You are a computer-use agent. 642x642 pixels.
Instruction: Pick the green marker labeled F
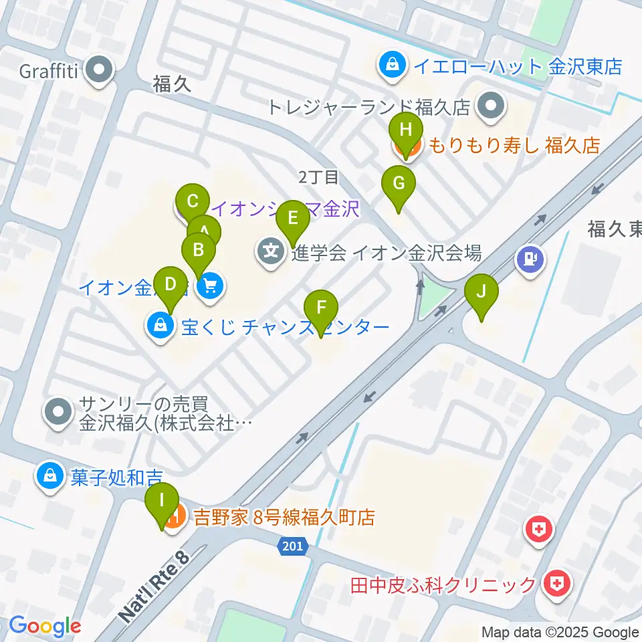(321, 309)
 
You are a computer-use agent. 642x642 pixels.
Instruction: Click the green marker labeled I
(162, 502)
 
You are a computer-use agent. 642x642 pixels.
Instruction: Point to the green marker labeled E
(292, 219)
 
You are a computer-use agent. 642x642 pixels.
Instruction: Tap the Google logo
(45, 625)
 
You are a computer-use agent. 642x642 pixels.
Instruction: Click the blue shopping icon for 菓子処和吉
(50, 476)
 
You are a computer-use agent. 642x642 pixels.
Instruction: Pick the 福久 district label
(172, 84)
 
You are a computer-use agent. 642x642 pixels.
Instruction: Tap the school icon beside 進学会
(271, 253)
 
